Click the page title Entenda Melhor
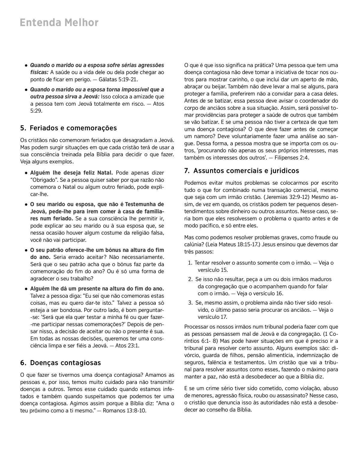coord(59,23)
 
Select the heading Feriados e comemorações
coord(68,128)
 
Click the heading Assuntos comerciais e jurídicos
coord(241,171)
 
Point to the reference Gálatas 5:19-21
coord(118,80)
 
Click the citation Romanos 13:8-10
coord(124,410)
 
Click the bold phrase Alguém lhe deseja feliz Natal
coord(71,173)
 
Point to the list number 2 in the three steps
coord(190,279)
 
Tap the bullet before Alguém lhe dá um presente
coord(26,289)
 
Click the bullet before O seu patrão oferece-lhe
coord(26,250)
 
